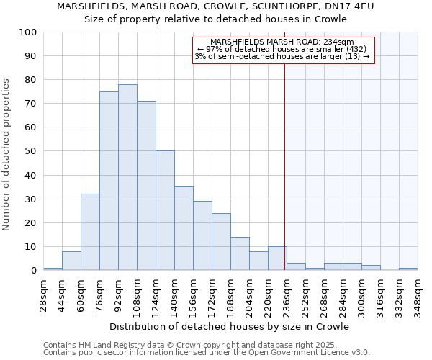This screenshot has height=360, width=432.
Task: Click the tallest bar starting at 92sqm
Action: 127,177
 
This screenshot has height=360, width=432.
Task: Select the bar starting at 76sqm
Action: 109,181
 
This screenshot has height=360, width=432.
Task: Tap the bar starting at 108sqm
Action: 146,186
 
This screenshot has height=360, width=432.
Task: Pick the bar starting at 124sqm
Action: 165,210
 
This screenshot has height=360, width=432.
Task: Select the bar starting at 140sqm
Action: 184,228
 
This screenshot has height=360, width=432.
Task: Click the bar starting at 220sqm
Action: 277,258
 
